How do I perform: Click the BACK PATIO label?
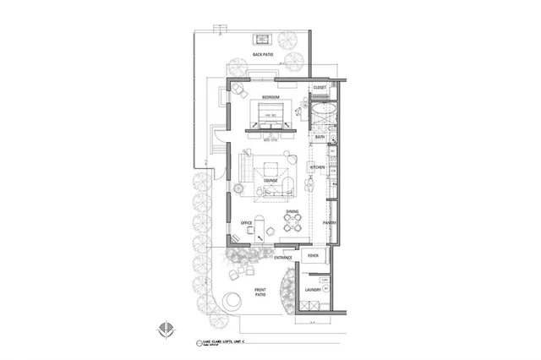coord(263,54)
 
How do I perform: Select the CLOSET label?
coord(320,87)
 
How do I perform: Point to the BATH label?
coord(320,136)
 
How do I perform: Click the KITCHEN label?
coord(318,168)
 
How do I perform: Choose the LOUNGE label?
coord(271,180)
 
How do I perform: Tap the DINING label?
coord(292,212)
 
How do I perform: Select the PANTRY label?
coord(330,223)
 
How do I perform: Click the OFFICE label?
coord(247,223)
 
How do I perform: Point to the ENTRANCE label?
coord(283,257)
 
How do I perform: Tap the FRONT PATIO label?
coord(261,292)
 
